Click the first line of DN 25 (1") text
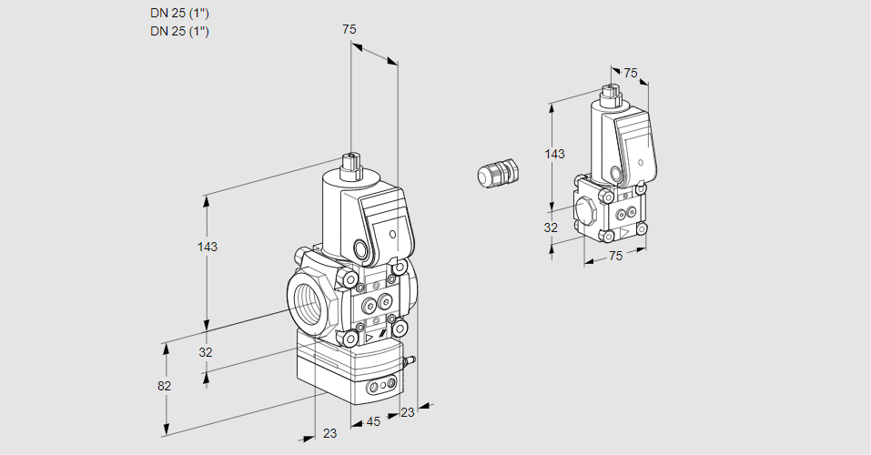[x=179, y=14]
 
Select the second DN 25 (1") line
[x=179, y=32]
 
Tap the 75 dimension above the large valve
[x=349, y=30]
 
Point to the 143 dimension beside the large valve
[x=208, y=247]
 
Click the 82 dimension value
[x=164, y=386]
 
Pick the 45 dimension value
[x=373, y=421]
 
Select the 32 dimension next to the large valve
[x=206, y=352]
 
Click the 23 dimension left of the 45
[x=329, y=433]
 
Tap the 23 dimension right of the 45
[x=407, y=412]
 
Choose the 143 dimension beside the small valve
[x=554, y=154]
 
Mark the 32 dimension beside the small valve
[x=551, y=227]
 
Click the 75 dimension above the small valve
[x=631, y=73]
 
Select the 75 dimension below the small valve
[x=615, y=257]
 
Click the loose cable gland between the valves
[x=499, y=173]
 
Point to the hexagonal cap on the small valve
[x=587, y=208]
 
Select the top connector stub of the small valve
[x=610, y=91]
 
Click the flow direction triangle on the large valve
[x=370, y=339]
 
